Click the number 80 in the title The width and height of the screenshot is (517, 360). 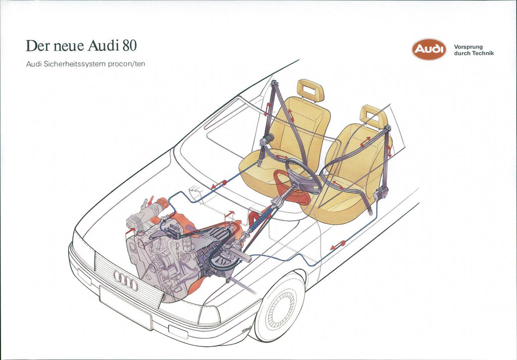pyautogui.click(x=130, y=45)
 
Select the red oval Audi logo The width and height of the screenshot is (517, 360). pyautogui.click(x=429, y=49)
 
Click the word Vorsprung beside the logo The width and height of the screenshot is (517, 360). pyautogui.click(x=468, y=47)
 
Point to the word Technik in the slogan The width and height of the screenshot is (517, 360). pyautogui.click(x=484, y=53)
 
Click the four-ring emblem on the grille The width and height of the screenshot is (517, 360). pyautogui.click(x=126, y=280)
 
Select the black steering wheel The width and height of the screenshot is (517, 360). pyautogui.click(x=303, y=176)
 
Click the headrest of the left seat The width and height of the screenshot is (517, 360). pyautogui.click(x=311, y=90)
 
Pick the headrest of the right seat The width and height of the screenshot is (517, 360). pyautogui.click(x=374, y=116)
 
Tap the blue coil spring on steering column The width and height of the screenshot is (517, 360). pyautogui.click(x=261, y=219)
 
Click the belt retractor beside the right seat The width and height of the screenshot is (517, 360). pyautogui.click(x=381, y=193)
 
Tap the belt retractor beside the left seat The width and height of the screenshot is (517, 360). pyautogui.click(x=267, y=139)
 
